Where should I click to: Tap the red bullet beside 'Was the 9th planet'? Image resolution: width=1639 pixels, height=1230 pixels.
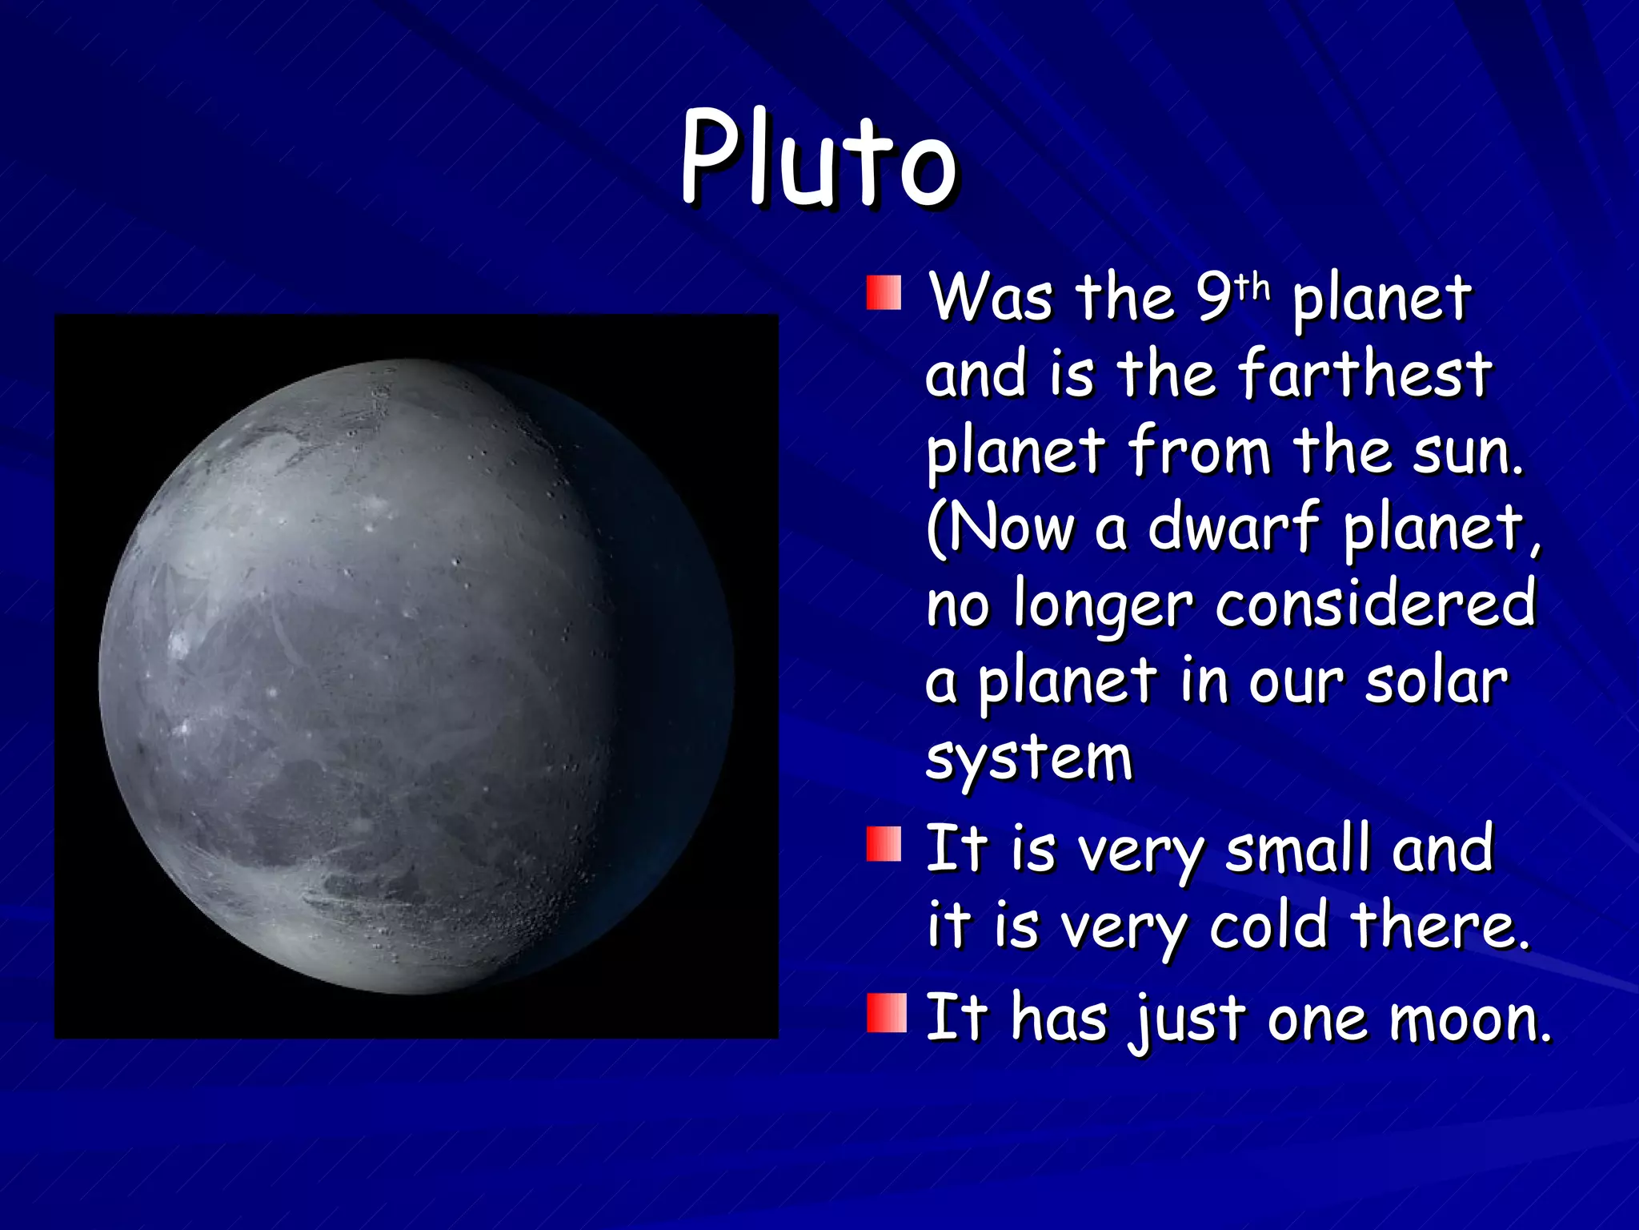pyautogui.click(x=884, y=293)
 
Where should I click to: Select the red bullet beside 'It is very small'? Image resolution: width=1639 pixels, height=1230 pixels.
pyautogui.click(x=884, y=846)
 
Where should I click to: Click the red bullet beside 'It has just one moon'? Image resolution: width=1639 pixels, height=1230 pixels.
pyautogui.click(x=886, y=1013)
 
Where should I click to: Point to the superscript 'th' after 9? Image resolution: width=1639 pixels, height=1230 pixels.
pyautogui.click(x=1252, y=286)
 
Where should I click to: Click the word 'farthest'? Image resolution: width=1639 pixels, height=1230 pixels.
pyautogui.click(x=1364, y=374)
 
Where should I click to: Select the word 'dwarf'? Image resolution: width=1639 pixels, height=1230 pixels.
pyautogui.click(x=1232, y=527)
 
